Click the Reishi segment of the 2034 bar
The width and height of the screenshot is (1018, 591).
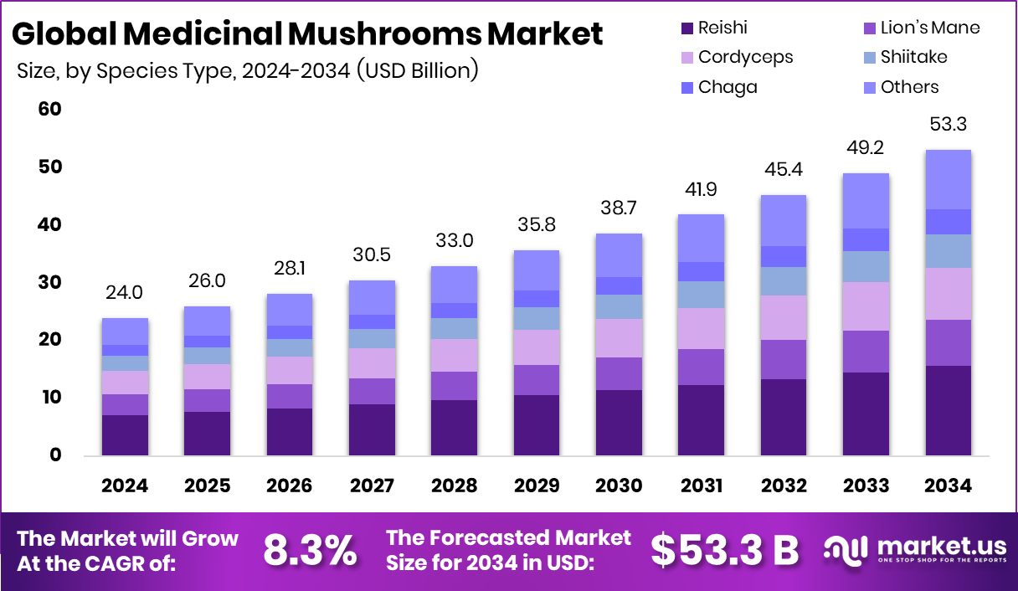point(948,410)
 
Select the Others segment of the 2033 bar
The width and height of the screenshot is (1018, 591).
point(866,201)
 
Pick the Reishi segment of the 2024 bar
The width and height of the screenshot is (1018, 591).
point(125,434)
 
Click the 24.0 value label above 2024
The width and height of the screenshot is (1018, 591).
point(125,293)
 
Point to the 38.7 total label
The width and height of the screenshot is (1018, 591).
point(620,208)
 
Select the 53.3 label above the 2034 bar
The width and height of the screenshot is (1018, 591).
point(948,125)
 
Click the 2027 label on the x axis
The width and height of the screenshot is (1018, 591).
point(372,486)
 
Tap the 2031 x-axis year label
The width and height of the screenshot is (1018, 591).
point(702,486)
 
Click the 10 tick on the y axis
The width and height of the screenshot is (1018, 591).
point(50,398)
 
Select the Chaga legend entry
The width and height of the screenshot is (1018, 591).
point(728,87)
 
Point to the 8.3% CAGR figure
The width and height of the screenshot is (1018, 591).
point(310,550)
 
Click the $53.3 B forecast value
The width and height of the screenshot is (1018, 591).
point(725,550)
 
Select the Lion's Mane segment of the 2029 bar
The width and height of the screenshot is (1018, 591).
point(537,380)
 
